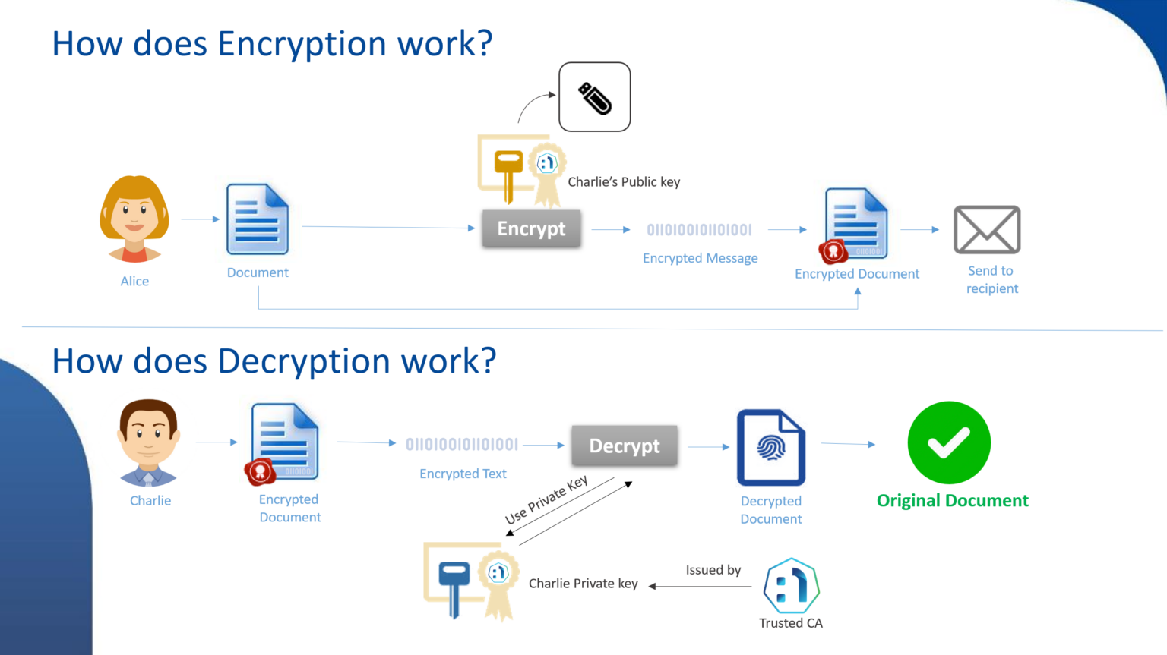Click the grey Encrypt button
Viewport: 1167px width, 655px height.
click(531, 228)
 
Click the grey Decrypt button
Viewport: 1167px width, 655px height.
click(624, 446)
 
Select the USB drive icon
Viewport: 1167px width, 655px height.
click(594, 97)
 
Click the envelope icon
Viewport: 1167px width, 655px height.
click(987, 229)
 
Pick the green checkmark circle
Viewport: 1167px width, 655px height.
click(949, 442)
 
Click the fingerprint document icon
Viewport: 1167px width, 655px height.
click(770, 447)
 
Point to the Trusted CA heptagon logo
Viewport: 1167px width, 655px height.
click(791, 586)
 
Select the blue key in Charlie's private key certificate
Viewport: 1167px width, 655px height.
click(454, 585)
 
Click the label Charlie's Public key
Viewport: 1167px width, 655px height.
click(624, 182)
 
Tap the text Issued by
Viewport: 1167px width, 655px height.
click(713, 570)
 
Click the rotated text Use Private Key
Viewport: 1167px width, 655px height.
click(546, 500)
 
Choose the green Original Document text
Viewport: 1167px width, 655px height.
click(952, 501)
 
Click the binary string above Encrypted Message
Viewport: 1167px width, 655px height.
click(699, 230)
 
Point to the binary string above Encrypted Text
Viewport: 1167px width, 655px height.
click(462, 445)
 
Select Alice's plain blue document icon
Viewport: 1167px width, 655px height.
click(258, 219)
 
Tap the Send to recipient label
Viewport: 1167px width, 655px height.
click(991, 279)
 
